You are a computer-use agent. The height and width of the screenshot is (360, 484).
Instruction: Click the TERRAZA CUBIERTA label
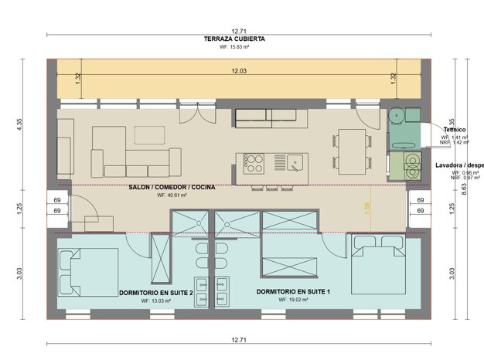(x=235, y=39)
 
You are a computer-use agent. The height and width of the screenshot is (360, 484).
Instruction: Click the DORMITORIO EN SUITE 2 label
(x=155, y=293)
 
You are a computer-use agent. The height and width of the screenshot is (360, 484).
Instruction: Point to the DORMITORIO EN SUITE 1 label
(x=293, y=292)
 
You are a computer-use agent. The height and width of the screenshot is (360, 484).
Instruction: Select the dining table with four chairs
(x=350, y=150)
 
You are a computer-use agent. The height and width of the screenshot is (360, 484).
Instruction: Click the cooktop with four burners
(x=254, y=162)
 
